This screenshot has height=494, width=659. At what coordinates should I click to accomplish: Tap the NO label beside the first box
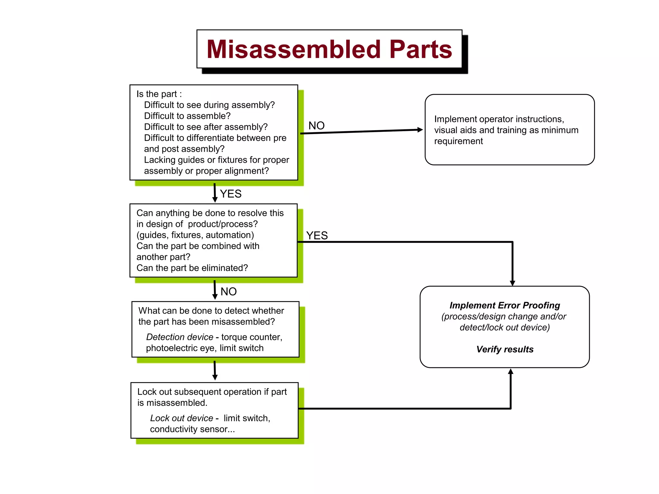coord(316,126)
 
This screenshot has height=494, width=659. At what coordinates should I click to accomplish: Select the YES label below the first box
coord(230,194)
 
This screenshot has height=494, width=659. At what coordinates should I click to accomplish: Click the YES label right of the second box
coord(317,236)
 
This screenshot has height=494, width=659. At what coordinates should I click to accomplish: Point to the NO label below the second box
coord(228,292)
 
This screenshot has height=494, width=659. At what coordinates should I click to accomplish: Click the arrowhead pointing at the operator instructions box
coord(420,130)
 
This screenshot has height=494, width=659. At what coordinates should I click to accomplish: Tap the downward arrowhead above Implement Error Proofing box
coord(512,283)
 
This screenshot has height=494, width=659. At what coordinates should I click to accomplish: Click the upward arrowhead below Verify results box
coord(510,372)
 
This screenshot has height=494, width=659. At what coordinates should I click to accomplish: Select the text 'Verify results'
coord(505,349)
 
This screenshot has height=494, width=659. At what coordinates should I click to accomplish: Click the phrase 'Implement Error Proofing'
coord(505,305)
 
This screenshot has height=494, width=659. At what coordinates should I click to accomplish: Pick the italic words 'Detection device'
coord(180,337)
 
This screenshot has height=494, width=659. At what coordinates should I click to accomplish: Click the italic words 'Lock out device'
coord(181,418)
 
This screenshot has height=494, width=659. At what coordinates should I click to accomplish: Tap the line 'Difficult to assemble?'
coord(187,116)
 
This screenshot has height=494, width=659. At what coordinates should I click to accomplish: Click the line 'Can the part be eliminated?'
coord(192,268)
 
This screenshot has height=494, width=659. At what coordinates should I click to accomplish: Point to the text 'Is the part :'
coord(159,94)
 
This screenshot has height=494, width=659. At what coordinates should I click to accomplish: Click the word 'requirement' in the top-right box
coord(458,141)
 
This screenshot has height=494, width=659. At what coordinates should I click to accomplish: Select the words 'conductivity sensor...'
coord(192,429)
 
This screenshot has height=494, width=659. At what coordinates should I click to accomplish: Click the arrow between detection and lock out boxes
coord(215,370)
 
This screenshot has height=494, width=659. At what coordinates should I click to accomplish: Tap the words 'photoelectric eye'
coord(180,348)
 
